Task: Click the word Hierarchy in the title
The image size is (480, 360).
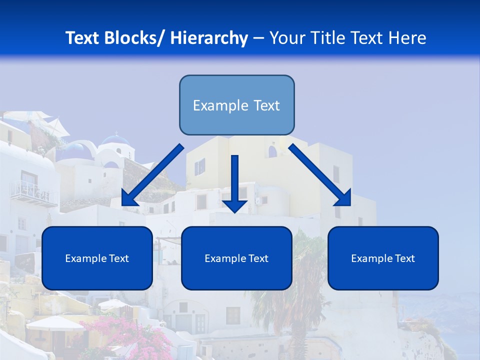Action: point(209,38)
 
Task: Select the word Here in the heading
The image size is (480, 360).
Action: point(408,38)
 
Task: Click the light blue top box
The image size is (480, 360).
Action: point(236,105)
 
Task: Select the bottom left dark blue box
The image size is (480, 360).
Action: point(97,258)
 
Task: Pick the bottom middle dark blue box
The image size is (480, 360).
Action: point(236,258)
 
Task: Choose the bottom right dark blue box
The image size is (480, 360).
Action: point(383,258)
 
